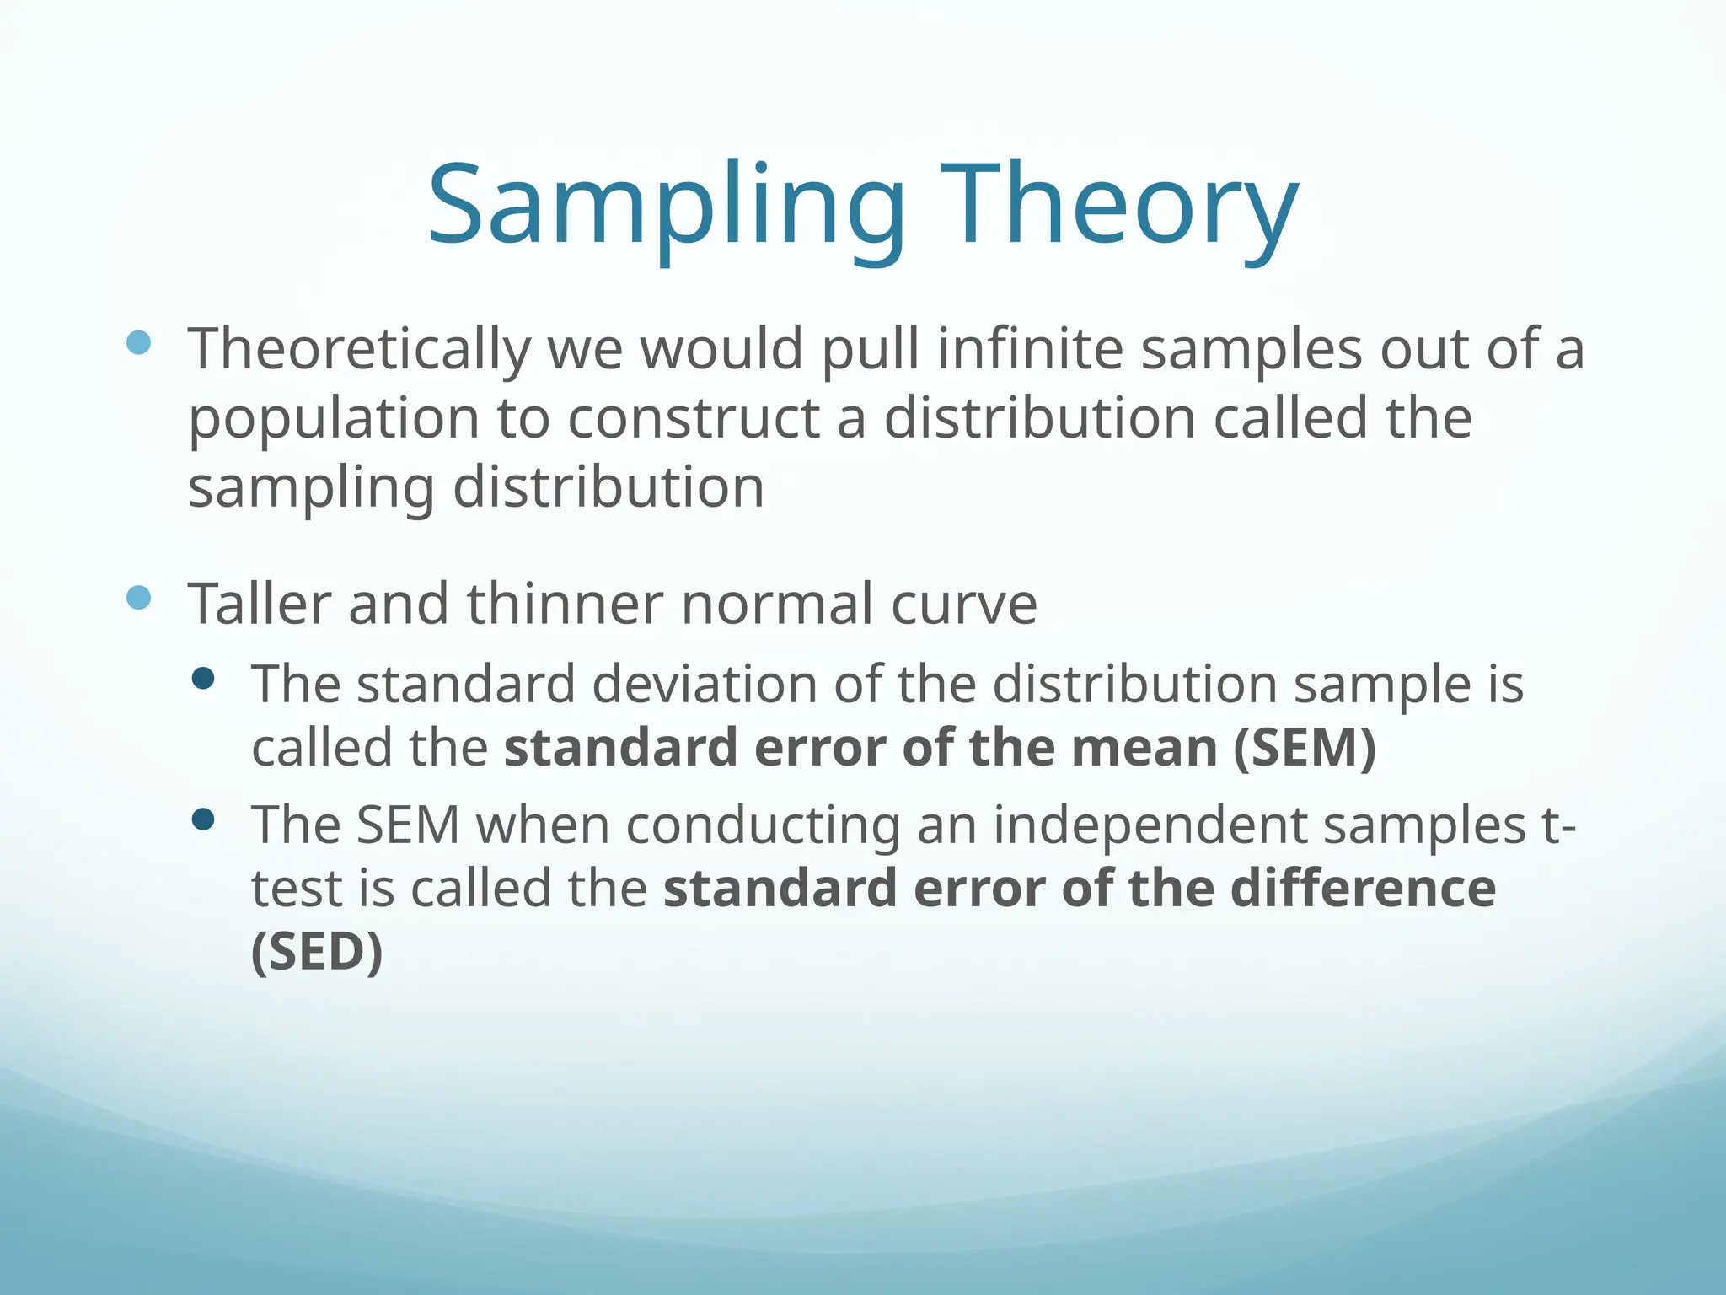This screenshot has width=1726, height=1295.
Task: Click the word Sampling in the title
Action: click(x=666, y=207)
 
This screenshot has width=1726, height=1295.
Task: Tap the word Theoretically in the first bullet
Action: click(x=359, y=349)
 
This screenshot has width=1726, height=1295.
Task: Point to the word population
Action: click(x=334, y=419)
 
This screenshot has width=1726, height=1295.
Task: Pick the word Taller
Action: click(x=260, y=605)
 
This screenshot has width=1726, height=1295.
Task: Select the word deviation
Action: click(x=705, y=684)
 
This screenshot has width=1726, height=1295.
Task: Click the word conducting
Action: click(x=764, y=825)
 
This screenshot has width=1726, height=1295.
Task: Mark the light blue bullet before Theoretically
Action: click(x=138, y=342)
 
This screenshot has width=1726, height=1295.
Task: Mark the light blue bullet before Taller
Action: click(x=138, y=598)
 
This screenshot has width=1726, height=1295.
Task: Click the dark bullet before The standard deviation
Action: click(x=203, y=679)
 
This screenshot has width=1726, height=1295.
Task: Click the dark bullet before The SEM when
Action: click(x=203, y=819)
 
